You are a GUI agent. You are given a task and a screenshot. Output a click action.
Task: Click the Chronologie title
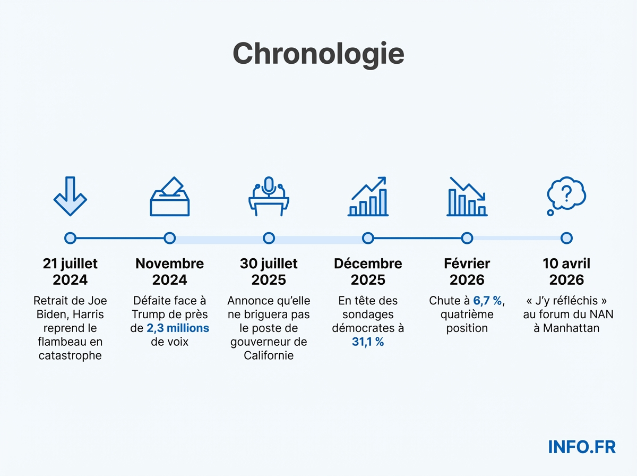pyautogui.click(x=318, y=54)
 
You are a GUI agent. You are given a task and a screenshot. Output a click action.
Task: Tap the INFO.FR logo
pyautogui.click(x=581, y=447)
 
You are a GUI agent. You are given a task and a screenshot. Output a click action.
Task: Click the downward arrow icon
pyautogui.click(x=70, y=195)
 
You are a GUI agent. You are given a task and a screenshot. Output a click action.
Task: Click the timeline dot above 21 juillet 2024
pyautogui.click(x=70, y=238)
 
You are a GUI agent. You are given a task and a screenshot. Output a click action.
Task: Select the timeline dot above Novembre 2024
pyautogui.click(x=169, y=238)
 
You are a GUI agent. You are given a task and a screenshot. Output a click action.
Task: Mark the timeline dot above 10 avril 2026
pyautogui.click(x=566, y=238)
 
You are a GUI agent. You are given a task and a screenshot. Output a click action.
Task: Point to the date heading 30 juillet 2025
pyautogui.click(x=269, y=271)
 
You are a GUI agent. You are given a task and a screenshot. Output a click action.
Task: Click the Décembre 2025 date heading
pyautogui.click(x=368, y=271)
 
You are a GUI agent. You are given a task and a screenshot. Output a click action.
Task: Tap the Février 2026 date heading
pyautogui.click(x=467, y=271)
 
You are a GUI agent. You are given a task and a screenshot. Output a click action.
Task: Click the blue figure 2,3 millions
pyautogui.click(x=178, y=328)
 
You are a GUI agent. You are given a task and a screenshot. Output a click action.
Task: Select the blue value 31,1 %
pyautogui.click(x=368, y=342)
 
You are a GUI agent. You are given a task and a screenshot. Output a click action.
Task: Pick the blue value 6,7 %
pyautogui.click(x=487, y=301)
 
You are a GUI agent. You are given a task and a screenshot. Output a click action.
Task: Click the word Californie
pyautogui.click(x=269, y=356)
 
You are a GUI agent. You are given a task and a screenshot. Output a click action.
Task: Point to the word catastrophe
pyautogui.click(x=70, y=356)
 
